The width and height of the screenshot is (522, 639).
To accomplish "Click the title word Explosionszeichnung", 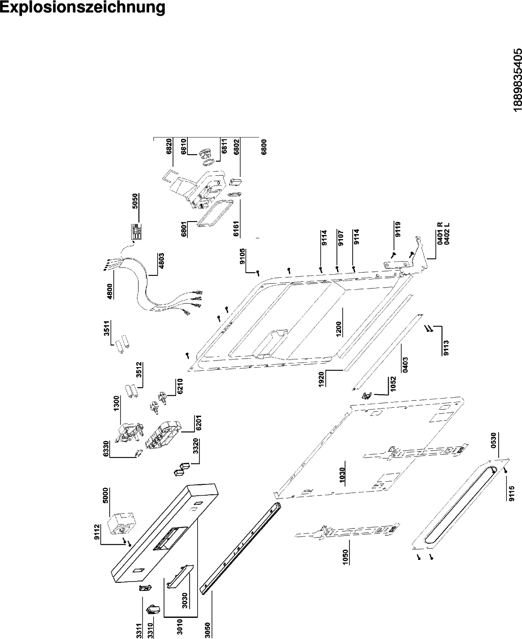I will click(x=83, y=8).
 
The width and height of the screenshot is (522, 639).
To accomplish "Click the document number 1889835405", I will click(x=518, y=79).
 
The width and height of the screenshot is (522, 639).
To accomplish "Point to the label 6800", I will click(x=264, y=146).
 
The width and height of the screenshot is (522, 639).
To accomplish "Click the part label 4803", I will click(x=161, y=261).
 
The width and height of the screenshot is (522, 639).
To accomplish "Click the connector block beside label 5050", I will click(x=136, y=231).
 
